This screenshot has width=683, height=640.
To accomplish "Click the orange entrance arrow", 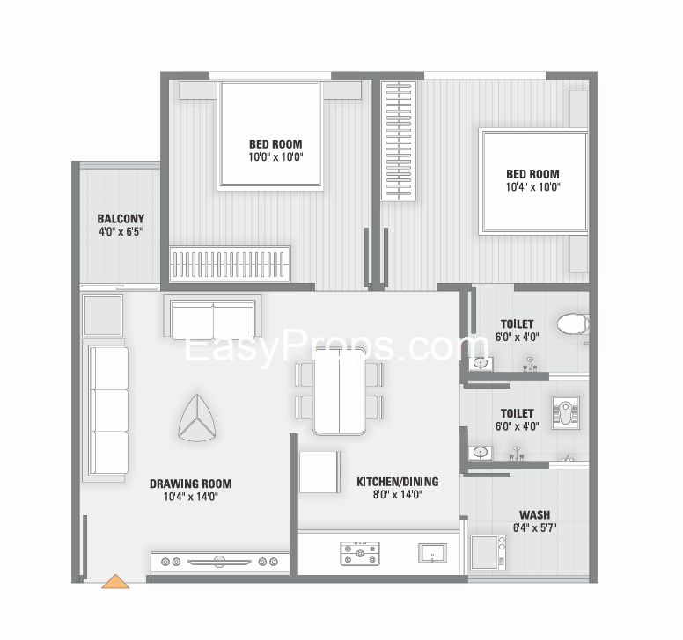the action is [x=115, y=582].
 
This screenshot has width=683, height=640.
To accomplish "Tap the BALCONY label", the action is [x=121, y=218].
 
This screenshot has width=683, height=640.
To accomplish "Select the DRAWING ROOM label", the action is [x=191, y=484].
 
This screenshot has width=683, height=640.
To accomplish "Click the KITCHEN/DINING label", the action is [x=398, y=482].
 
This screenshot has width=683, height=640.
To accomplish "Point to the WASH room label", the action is [x=534, y=514].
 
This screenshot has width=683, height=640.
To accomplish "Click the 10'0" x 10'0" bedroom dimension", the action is [x=275, y=157].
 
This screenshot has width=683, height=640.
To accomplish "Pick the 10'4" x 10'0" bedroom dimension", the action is [x=532, y=187].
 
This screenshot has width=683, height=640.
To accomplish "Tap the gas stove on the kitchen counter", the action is [x=360, y=554].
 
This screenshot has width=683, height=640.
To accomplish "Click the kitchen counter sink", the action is [x=432, y=553].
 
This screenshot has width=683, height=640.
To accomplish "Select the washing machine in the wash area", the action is [x=488, y=553].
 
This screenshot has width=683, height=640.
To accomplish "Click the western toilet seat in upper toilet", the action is [x=573, y=324].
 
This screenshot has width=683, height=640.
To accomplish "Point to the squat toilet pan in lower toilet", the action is [x=565, y=413].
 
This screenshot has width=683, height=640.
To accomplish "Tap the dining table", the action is [x=340, y=391].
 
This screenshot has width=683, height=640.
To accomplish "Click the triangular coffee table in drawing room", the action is [x=197, y=418].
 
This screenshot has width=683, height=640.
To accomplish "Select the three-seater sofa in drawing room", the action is [x=106, y=410].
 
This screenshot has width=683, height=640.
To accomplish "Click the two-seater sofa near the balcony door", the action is [x=213, y=316].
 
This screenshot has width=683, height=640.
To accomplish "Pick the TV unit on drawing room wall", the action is [x=219, y=562].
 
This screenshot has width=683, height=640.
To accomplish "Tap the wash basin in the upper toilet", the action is [x=481, y=363].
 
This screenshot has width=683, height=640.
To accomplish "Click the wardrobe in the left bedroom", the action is [x=230, y=264].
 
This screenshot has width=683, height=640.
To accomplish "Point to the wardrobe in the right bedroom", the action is [x=399, y=141].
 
